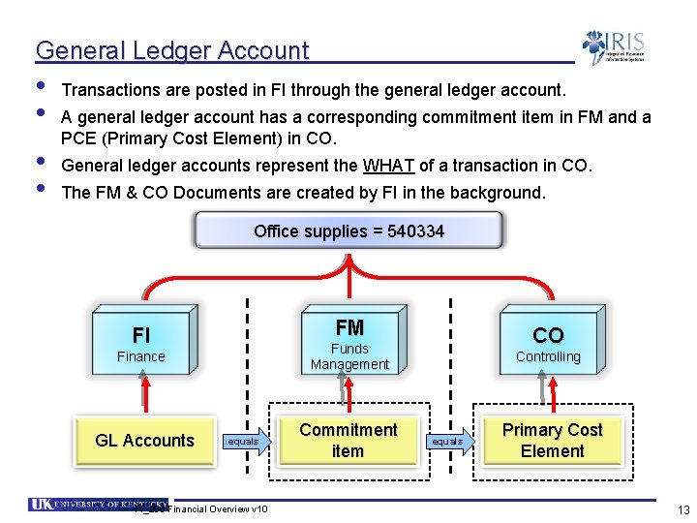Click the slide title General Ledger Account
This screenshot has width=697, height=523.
172,50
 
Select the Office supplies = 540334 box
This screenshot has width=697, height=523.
348,231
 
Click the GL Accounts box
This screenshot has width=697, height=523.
145,441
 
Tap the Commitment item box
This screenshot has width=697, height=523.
348,441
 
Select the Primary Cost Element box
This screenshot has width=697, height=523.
552,441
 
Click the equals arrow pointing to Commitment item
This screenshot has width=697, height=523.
246,442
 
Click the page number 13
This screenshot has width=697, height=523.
683,510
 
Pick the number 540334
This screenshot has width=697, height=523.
415,231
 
